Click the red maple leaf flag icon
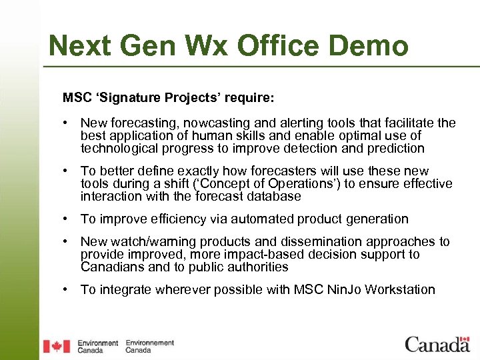click(57, 346)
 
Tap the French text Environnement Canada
click(150, 346)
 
